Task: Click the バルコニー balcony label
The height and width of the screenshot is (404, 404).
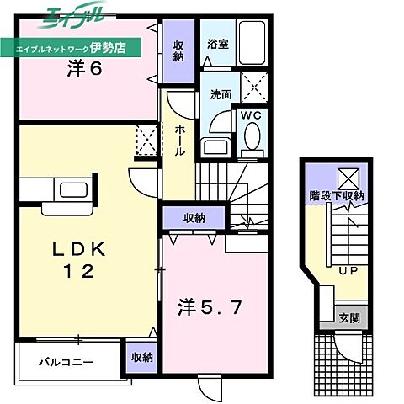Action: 65,364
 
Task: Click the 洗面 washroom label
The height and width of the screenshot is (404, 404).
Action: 221,94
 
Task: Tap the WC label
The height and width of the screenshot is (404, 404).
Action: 250,114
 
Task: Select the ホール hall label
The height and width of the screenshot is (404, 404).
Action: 180,142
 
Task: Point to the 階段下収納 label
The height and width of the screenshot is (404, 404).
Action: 335,196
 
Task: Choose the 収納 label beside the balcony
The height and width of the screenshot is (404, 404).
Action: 141,357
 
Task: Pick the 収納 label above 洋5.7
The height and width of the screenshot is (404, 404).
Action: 193,218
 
